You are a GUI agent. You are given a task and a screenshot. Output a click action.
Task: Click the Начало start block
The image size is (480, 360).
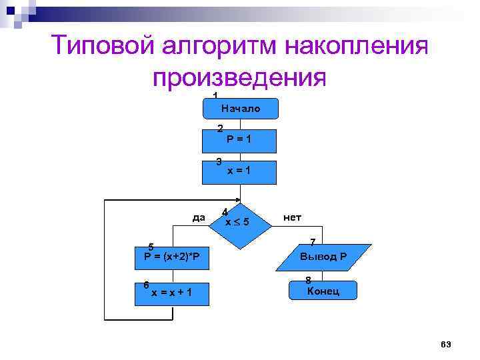240,108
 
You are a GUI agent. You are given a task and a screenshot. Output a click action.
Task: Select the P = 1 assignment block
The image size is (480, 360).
240,139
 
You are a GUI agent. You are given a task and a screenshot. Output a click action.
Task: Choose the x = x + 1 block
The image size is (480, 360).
172,293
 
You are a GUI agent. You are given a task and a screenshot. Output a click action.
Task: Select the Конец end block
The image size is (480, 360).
323,291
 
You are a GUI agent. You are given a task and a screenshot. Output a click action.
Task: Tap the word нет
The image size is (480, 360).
292,217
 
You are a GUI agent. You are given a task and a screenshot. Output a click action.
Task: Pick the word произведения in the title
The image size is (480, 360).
239,79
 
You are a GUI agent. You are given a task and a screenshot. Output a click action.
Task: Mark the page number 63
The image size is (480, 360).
446,344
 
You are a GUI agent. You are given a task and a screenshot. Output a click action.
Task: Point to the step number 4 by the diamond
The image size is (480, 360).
225,212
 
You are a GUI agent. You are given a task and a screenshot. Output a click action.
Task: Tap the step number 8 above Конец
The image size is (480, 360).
308,280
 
